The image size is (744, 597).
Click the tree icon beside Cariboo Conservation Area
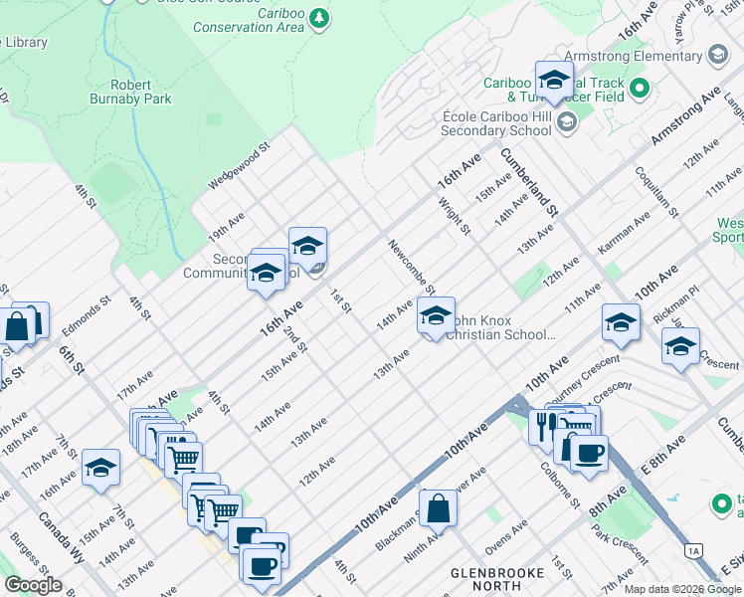pyautogui.click(x=318, y=19)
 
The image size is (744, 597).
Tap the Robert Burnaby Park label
pyautogui.click(x=141, y=92)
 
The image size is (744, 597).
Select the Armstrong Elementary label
pyautogui.click(x=633, y=56)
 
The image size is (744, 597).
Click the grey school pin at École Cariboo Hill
pyautogui.click(x=567, y=122)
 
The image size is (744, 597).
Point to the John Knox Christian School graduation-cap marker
pyautogui.click(x=435, y=315)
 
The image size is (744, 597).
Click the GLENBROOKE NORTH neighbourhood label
pyautogui.click(x=495, y=581)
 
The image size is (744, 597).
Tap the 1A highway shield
pyautogui.click(x=694, y=550)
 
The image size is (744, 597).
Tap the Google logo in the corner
pyautogui.click(x=33, y=585)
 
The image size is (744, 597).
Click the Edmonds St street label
pyautogui.click(x=82, y=310)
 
